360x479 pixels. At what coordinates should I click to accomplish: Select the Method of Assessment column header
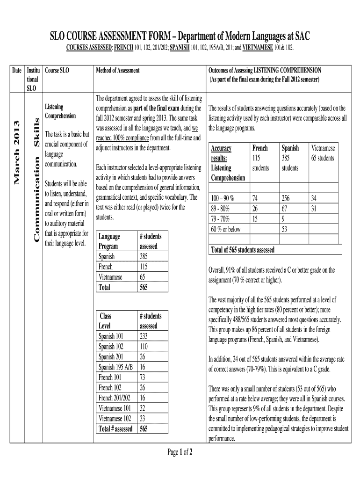click(117, 70)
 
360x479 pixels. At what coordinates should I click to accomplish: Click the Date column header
click(16, 70)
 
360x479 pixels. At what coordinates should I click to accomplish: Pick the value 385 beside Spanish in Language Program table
click(144, 256)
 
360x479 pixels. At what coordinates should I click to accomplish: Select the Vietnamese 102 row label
click(115, 418)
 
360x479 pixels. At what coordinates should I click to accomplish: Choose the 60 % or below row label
click(226, 229)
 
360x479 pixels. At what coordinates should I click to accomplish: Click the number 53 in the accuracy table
click(284, 229)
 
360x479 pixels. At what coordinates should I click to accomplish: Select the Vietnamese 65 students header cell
click(323, 153)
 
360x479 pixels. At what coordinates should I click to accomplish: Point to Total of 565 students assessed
click(243, 250)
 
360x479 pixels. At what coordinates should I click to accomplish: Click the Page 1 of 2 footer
click(180, 452)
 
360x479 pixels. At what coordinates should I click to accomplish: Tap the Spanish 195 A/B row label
click(115, 367)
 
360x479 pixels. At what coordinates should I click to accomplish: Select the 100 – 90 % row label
click(223, 198)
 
